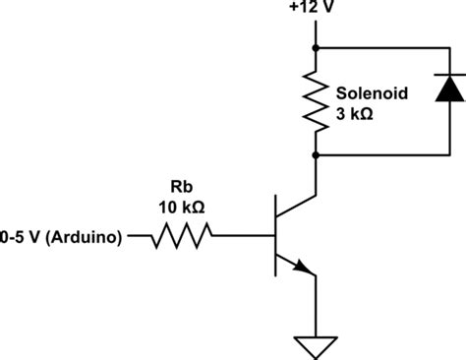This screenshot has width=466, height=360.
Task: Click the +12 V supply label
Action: pos(312,7)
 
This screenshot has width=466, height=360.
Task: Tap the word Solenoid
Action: pos(372,93)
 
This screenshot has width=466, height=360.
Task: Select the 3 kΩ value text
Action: pos(355,114)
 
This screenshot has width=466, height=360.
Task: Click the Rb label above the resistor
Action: pos(182,187)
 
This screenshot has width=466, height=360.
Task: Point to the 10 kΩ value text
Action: pos(182,208)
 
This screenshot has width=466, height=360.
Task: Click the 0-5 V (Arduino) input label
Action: pos(61,237)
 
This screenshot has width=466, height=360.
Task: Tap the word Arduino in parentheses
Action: pos(84,237)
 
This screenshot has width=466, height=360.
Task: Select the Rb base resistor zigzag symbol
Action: pos(182,235)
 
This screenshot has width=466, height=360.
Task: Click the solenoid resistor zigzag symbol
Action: pos(316,101)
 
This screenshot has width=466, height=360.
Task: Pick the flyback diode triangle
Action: pos(450,89)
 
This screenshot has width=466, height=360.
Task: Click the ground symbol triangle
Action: pos(316,347)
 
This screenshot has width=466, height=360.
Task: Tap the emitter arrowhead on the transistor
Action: pos(303,267)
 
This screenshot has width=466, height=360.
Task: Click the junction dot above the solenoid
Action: pos(316,48)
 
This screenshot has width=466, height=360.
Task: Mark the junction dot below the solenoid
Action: pos(316,155)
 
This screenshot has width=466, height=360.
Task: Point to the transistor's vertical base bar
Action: pos(275,235)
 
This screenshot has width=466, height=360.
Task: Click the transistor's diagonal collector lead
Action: pos(296,207)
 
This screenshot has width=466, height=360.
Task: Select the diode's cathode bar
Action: pos(450,75)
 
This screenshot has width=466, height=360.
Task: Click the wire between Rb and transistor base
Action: pos(243,235)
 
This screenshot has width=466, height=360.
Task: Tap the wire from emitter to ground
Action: pos(316,306)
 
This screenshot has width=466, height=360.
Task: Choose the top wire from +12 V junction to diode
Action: pos(382,48)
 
